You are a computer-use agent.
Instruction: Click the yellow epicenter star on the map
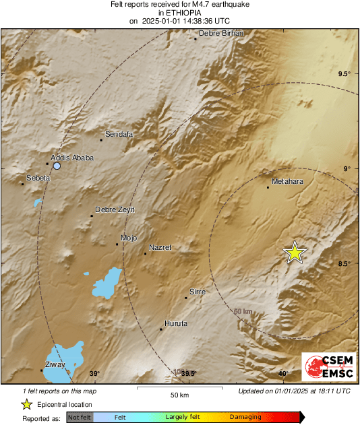[295, 253]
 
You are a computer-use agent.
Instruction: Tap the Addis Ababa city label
[72, 158]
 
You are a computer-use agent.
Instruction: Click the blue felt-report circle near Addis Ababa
[57, 166]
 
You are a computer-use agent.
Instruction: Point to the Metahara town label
[289, 182]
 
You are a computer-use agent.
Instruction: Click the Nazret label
[160, 248]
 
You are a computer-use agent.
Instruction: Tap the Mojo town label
[128, 238]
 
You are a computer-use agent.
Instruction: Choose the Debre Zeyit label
[115, 209]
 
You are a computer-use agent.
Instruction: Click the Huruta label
[176, 323]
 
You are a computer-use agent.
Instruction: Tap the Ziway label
[55, 364]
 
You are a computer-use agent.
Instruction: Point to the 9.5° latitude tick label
[344, 74]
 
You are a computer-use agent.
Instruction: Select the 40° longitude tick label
[283, 374]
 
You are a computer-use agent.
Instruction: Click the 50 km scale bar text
[179, 395]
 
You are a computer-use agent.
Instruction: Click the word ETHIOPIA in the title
[179, 12]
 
